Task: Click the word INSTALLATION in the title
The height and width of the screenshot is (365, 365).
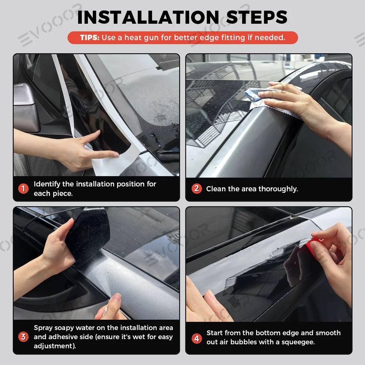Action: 148,18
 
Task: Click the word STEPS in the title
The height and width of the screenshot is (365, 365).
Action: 257,18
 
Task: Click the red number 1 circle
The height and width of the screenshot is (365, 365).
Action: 23,189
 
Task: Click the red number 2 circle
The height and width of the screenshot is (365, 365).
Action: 196,189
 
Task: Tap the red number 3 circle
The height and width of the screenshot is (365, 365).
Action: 23,337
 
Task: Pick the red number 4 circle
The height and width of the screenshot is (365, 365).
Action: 196,338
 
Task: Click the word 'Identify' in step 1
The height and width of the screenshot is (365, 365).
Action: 47,184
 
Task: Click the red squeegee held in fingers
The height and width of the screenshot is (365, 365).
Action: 313,247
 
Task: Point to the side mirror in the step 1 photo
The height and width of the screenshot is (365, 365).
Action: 25,107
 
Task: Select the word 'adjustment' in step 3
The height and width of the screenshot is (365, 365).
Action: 54,346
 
